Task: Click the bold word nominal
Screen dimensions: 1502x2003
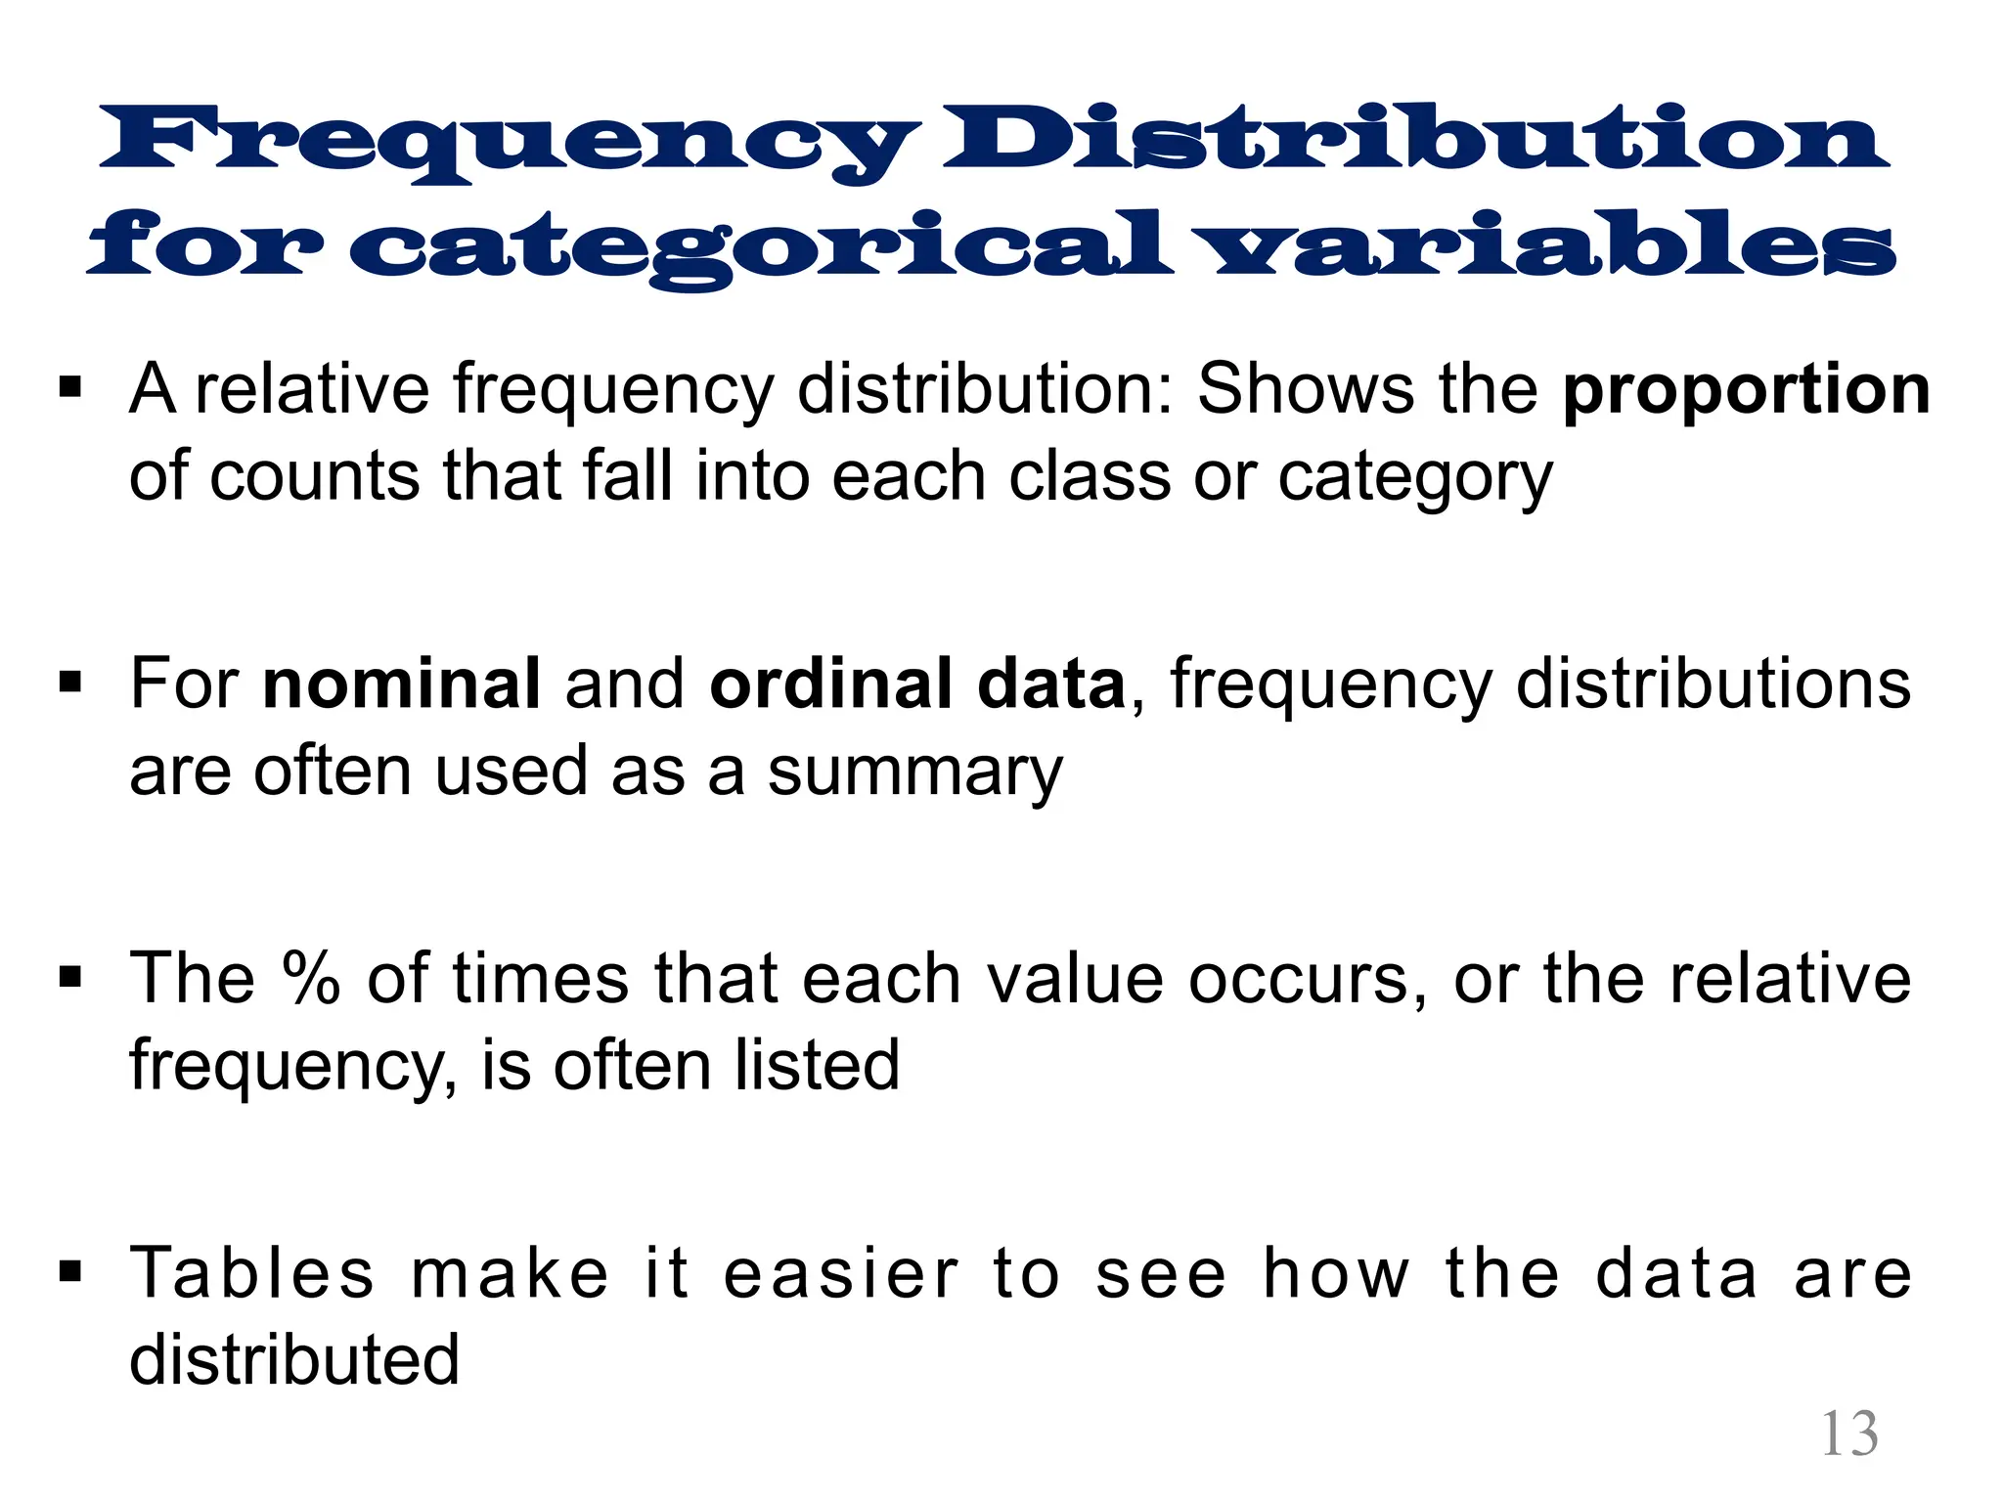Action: click(x=401, y=684)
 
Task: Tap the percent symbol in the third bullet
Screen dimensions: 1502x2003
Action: click(x=311, y=978)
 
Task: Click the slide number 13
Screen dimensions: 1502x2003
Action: click(x=1849, y=1435)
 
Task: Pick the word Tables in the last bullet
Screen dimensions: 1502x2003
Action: click(x=252, y=1273)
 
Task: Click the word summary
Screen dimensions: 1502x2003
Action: click(x=914, y=773)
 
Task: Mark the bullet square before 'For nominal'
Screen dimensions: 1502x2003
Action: click(x=70, y=681)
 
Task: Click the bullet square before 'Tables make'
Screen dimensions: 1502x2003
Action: click(x=70, y=1271)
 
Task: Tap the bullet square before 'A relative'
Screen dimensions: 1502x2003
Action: click(x=70, y=387)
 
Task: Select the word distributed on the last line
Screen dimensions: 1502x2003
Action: click(x=294, y=1360)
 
